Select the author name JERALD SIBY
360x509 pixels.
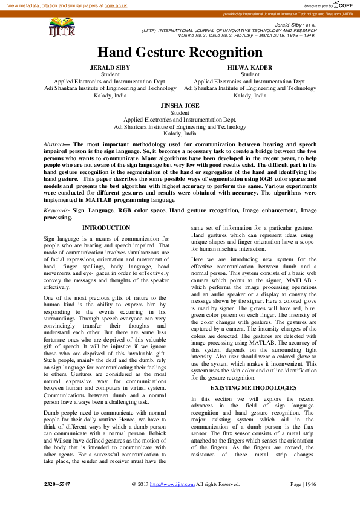tap(110, 68)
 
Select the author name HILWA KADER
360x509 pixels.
tap(250, 68)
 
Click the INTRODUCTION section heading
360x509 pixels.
tap(106, 228)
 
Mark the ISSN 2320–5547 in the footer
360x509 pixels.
tap(57, 484)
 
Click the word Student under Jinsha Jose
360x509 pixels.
tap(180, 113)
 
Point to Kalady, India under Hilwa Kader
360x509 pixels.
tap(250, 96)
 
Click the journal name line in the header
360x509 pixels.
tap(229, 30)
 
